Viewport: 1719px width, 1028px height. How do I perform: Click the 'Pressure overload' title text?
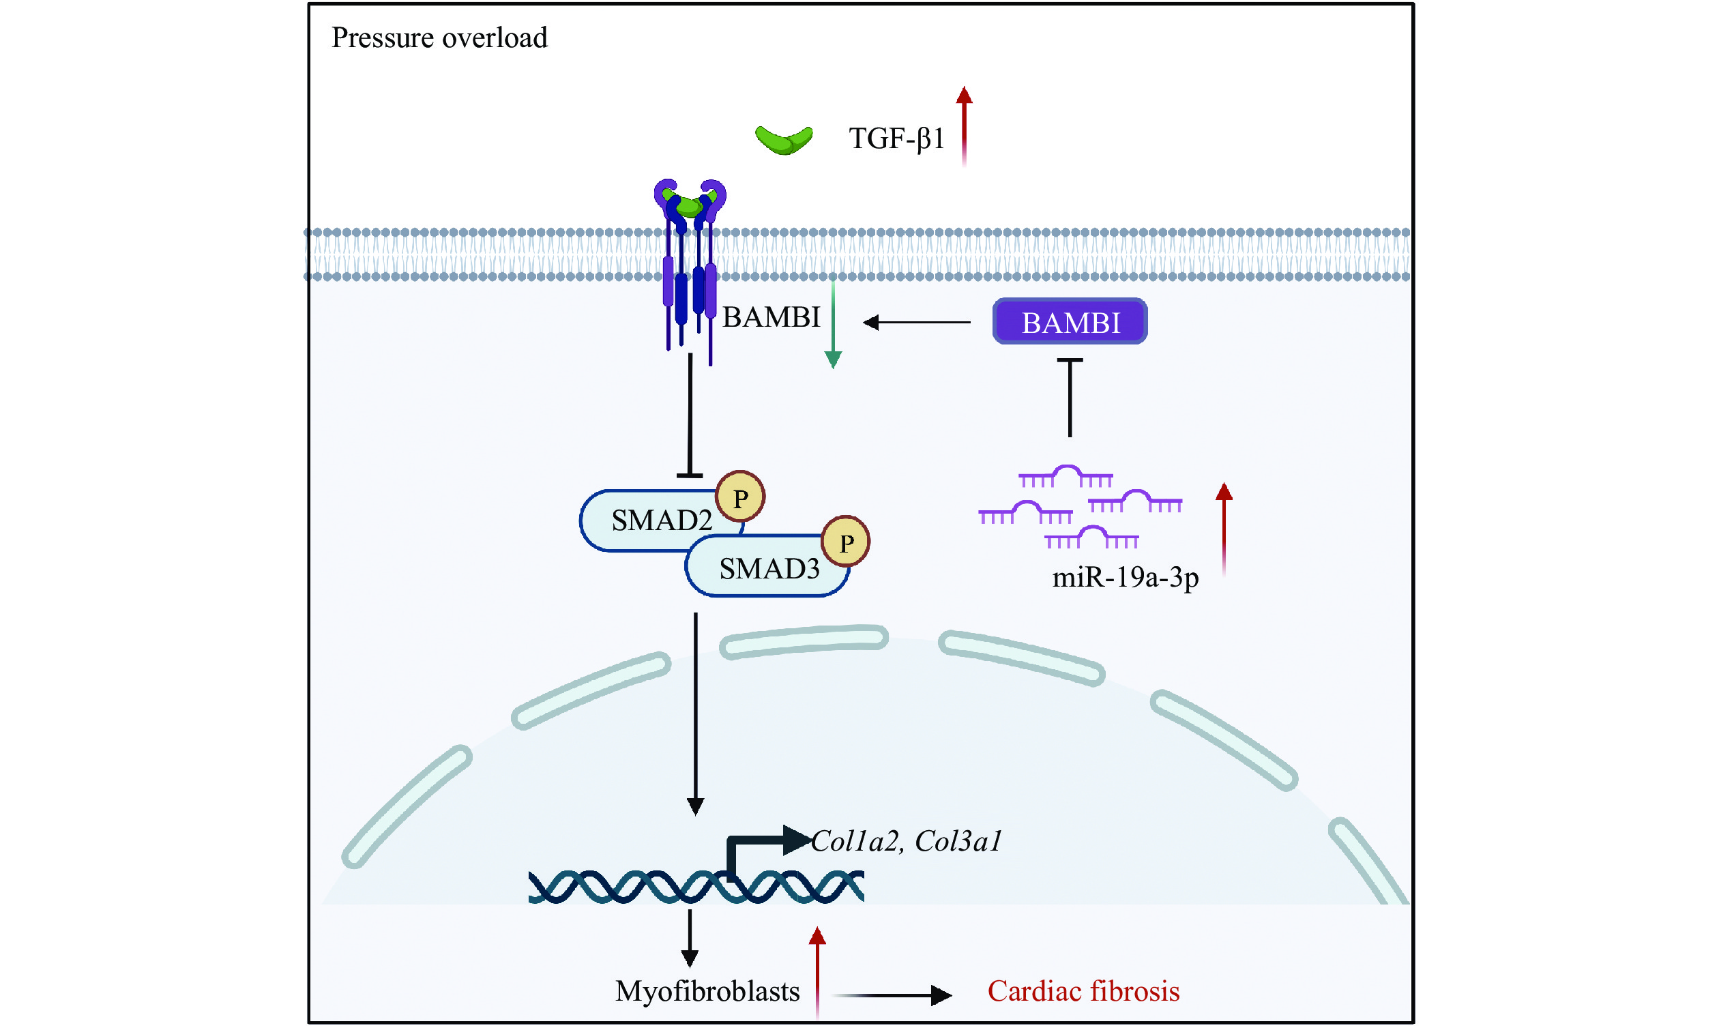click(x=439, y=38)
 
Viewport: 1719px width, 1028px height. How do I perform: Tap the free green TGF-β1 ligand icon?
click(x=783, y=139)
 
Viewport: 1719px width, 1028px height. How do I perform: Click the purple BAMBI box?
click(x=1070, y=322)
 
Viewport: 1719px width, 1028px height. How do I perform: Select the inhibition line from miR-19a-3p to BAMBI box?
click(x=1070, y=398)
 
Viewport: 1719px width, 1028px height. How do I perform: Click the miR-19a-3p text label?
click(x=1125, y=577)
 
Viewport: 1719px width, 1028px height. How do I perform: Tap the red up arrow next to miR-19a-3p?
click(x=1224, y=529)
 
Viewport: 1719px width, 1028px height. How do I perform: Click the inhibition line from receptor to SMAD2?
click(x=690, y=415)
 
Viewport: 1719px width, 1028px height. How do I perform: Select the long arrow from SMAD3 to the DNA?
click(x=695, y=714)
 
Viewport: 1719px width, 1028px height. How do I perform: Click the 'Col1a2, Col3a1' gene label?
click(x=906, y=841)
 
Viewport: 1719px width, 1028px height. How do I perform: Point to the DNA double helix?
click(x=695, y=887)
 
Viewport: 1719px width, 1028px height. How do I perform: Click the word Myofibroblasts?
click(x=707, y=991)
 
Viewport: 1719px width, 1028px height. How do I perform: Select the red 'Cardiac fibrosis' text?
click(x=1083, y=991)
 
